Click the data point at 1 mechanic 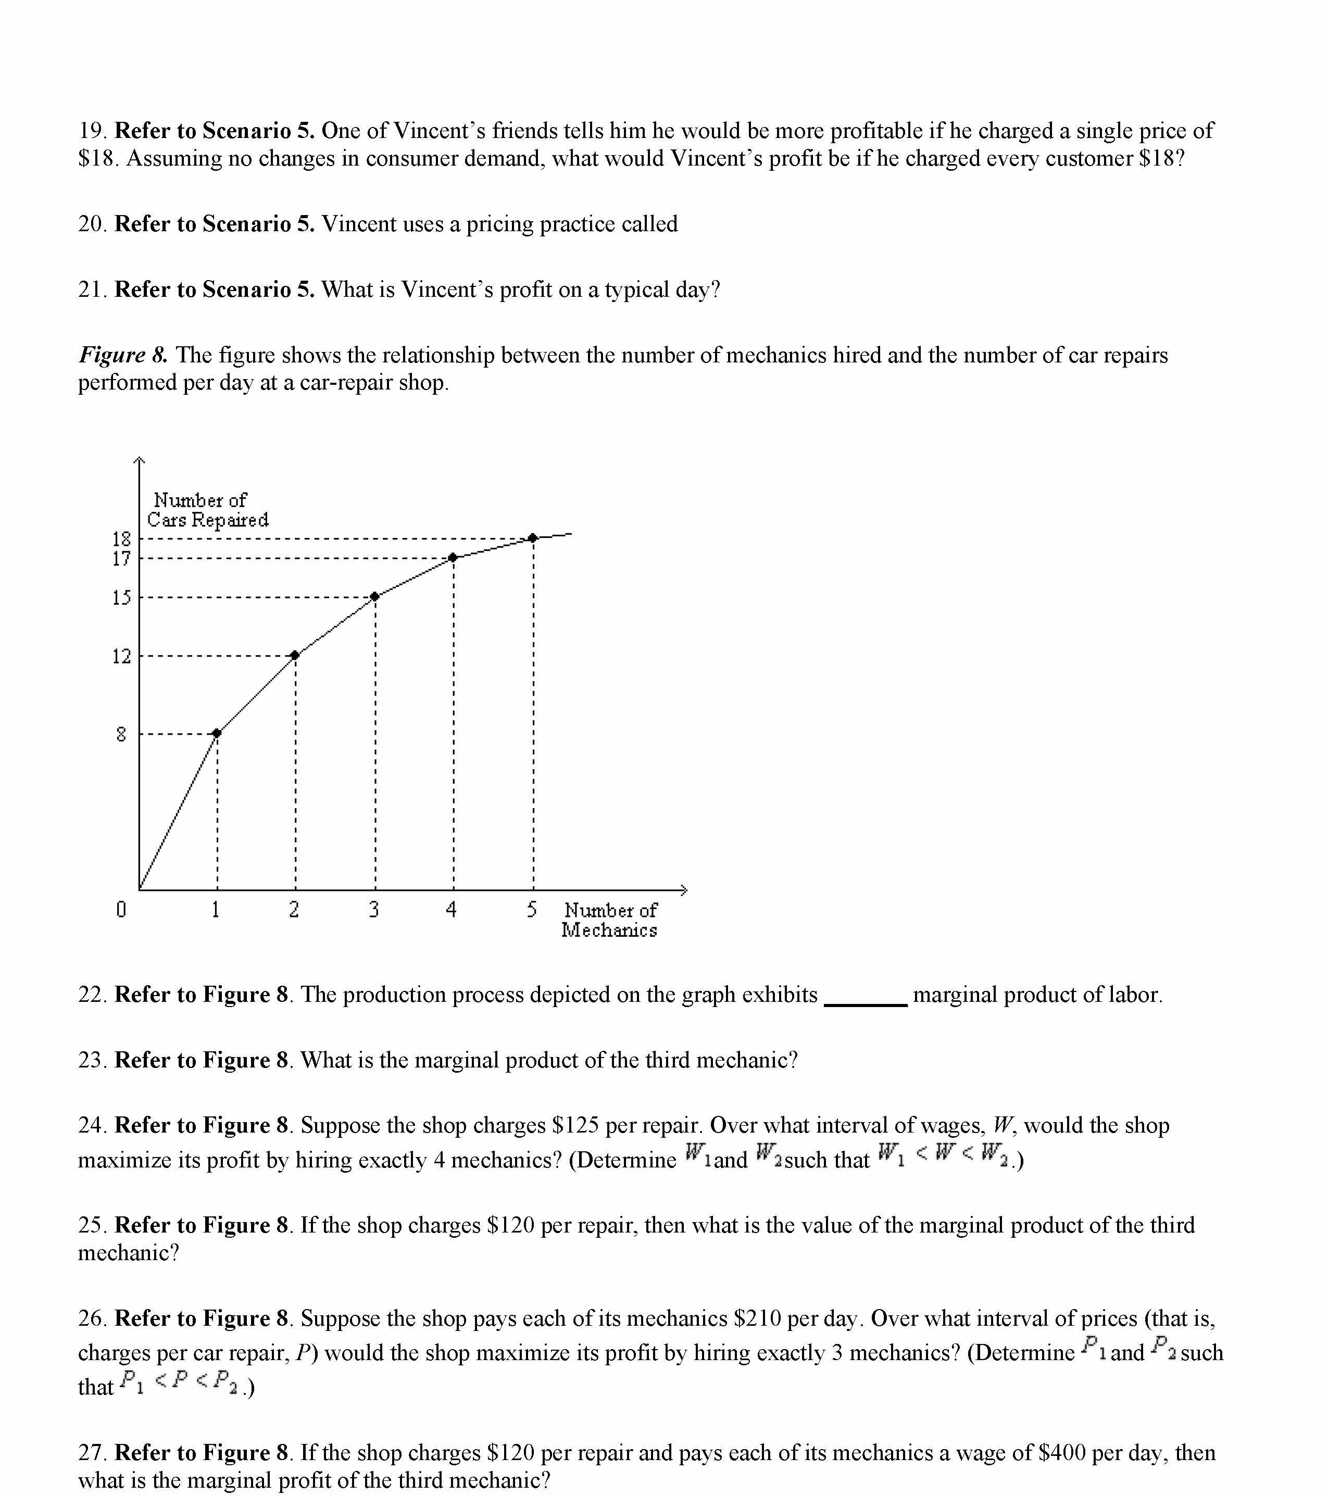coord(217,733)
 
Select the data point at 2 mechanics coord(295,655)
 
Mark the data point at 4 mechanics coord(453,558)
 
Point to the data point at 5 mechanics coord(533,538)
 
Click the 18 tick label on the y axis coord(121,539)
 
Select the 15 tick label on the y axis coord(121,597)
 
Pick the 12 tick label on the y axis coord(121,656)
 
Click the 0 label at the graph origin coord(121,910)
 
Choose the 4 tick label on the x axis coord(452,910)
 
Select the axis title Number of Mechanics coord(610,920)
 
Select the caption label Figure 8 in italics coord(123,355)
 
